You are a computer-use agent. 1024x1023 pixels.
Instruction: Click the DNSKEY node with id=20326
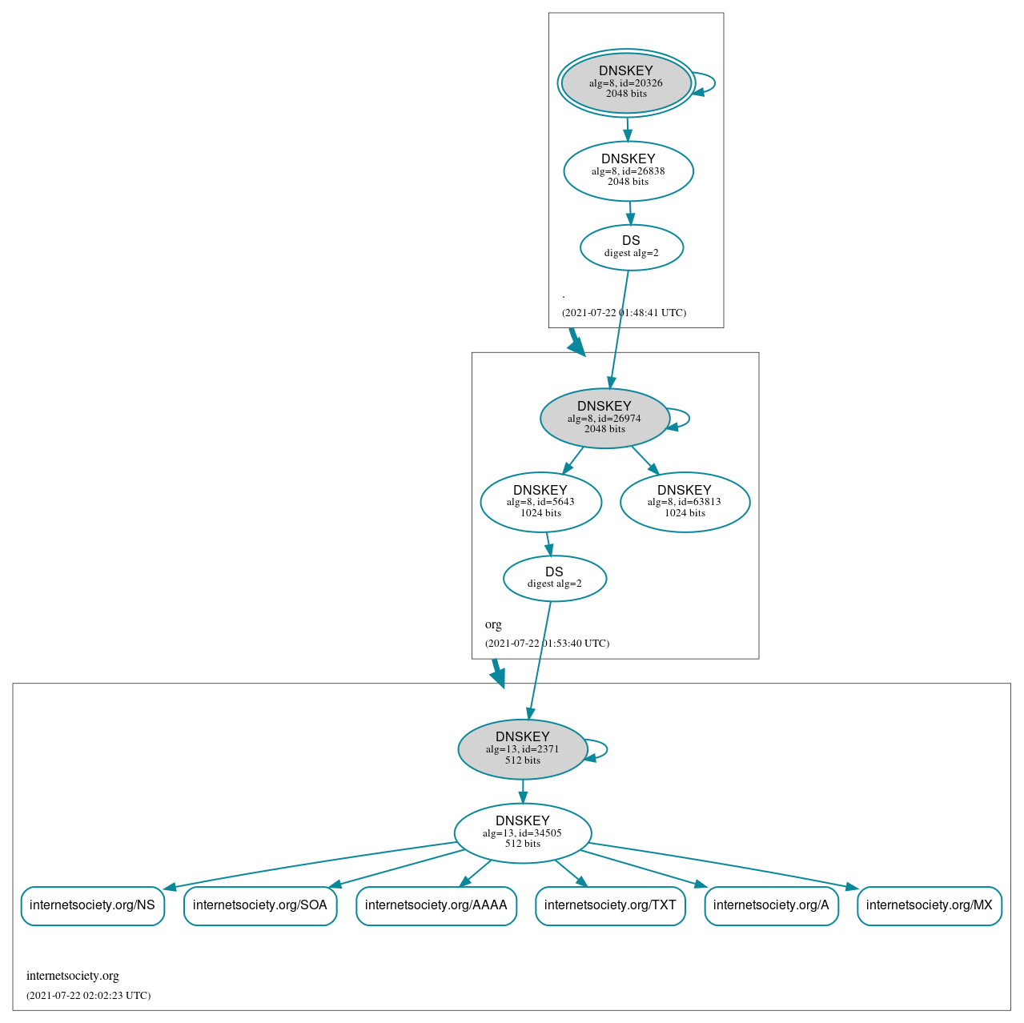(x=626, y=82)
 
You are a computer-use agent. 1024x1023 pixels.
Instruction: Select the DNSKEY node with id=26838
(x=628, y=170)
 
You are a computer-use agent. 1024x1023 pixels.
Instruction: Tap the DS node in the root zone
(x=631, y=247)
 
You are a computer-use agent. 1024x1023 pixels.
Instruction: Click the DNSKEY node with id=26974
(x=604, y=418)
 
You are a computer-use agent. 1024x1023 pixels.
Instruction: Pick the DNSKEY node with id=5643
(x=540, y=502)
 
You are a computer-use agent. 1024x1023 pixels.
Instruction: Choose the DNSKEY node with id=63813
(x=685, y=502)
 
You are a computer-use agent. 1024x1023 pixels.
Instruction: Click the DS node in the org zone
(x=554, y=578)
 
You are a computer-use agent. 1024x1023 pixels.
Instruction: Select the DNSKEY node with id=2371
(x=522, y=749)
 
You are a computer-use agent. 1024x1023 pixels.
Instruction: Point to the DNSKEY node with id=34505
(x=522, y=832)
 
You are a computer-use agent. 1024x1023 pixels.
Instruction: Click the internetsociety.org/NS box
(x=92, y=905)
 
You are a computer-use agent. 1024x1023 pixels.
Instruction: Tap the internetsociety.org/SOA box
(x=259, y=905)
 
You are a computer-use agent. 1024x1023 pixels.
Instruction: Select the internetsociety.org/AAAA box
(x=436, y=905)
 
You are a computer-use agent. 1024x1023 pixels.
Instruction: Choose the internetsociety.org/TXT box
(x=610, y=905)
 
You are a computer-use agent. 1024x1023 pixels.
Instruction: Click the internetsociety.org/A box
(x=771, y=905)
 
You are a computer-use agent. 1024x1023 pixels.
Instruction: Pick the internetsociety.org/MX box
(x=929, y=905)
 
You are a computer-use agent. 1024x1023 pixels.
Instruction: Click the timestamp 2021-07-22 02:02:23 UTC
(x=88, y=996)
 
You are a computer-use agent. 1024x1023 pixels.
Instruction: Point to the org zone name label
(x=493, y=624)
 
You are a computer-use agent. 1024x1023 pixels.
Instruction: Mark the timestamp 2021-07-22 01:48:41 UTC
(x=624, y=313)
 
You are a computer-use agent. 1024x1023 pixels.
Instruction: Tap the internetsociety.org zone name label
(x=72, y=976)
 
